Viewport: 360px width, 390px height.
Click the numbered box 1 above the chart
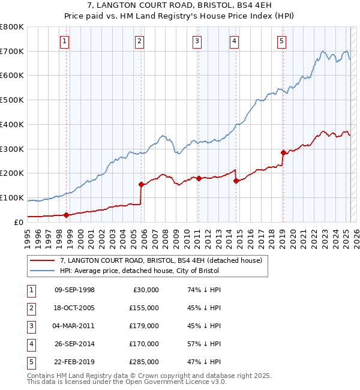click(64, 41)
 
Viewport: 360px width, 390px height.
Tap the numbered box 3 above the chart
click(197, 41)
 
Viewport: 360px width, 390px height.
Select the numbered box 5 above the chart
click(281, 41)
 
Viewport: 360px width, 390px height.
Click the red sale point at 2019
click(283, 152)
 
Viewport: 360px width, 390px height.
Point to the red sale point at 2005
click(141, 184)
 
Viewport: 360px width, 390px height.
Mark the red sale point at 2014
click(236, 181)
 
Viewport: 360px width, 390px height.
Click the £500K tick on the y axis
click(12, 100)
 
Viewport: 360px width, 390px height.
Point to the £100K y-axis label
click(12, 197)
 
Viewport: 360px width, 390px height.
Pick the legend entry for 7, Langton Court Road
click(161, 261)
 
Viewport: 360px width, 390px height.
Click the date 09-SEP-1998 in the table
click(74, 290)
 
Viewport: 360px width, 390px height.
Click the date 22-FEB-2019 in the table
click(74, 362)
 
